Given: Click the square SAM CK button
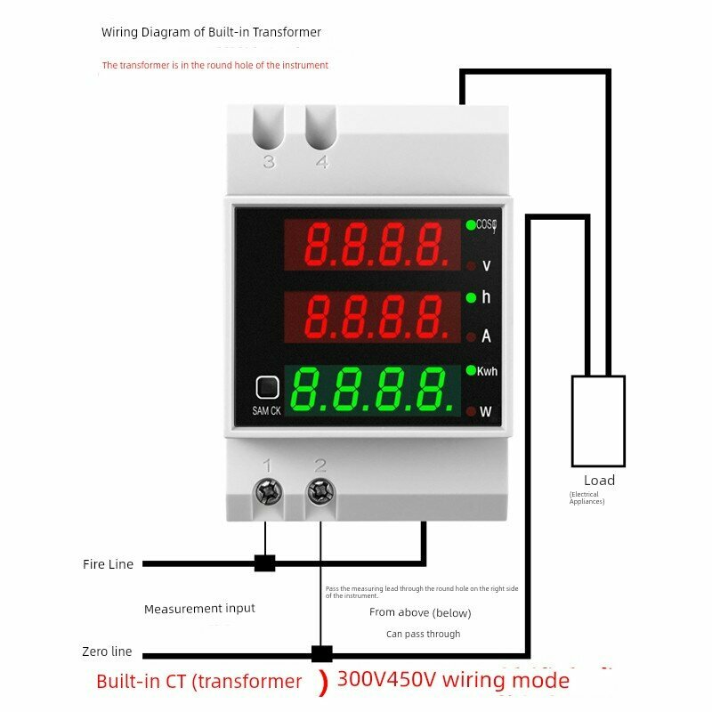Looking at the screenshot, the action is (x=267, y=387).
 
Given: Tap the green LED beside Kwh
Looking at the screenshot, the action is (x=470, y=370).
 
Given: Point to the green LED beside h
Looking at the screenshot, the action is (x=470, y=297).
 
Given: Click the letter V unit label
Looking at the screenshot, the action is (x=486, y=266).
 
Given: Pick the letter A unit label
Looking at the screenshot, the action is (x=486, y=336).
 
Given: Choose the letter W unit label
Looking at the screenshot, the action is (x=486, y=412).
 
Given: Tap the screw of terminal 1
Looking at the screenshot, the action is (x=267, y=491).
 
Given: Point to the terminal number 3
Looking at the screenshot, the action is (x=269, y=162).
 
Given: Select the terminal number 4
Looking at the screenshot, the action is (x=321, y=162).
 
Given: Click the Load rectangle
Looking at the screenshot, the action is (x=598, y=421).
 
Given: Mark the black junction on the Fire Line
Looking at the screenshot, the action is (x=264, y=562).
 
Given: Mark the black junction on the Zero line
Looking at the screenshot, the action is (x=321, y=654).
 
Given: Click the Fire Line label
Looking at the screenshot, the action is (x=108, y=564).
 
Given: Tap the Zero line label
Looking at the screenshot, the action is (x=107, y=652).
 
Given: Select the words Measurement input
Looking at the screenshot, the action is (x=199, y=609).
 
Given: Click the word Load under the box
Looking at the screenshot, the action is (x=599, y=481).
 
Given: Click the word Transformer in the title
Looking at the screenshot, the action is (x=287, y=32).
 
